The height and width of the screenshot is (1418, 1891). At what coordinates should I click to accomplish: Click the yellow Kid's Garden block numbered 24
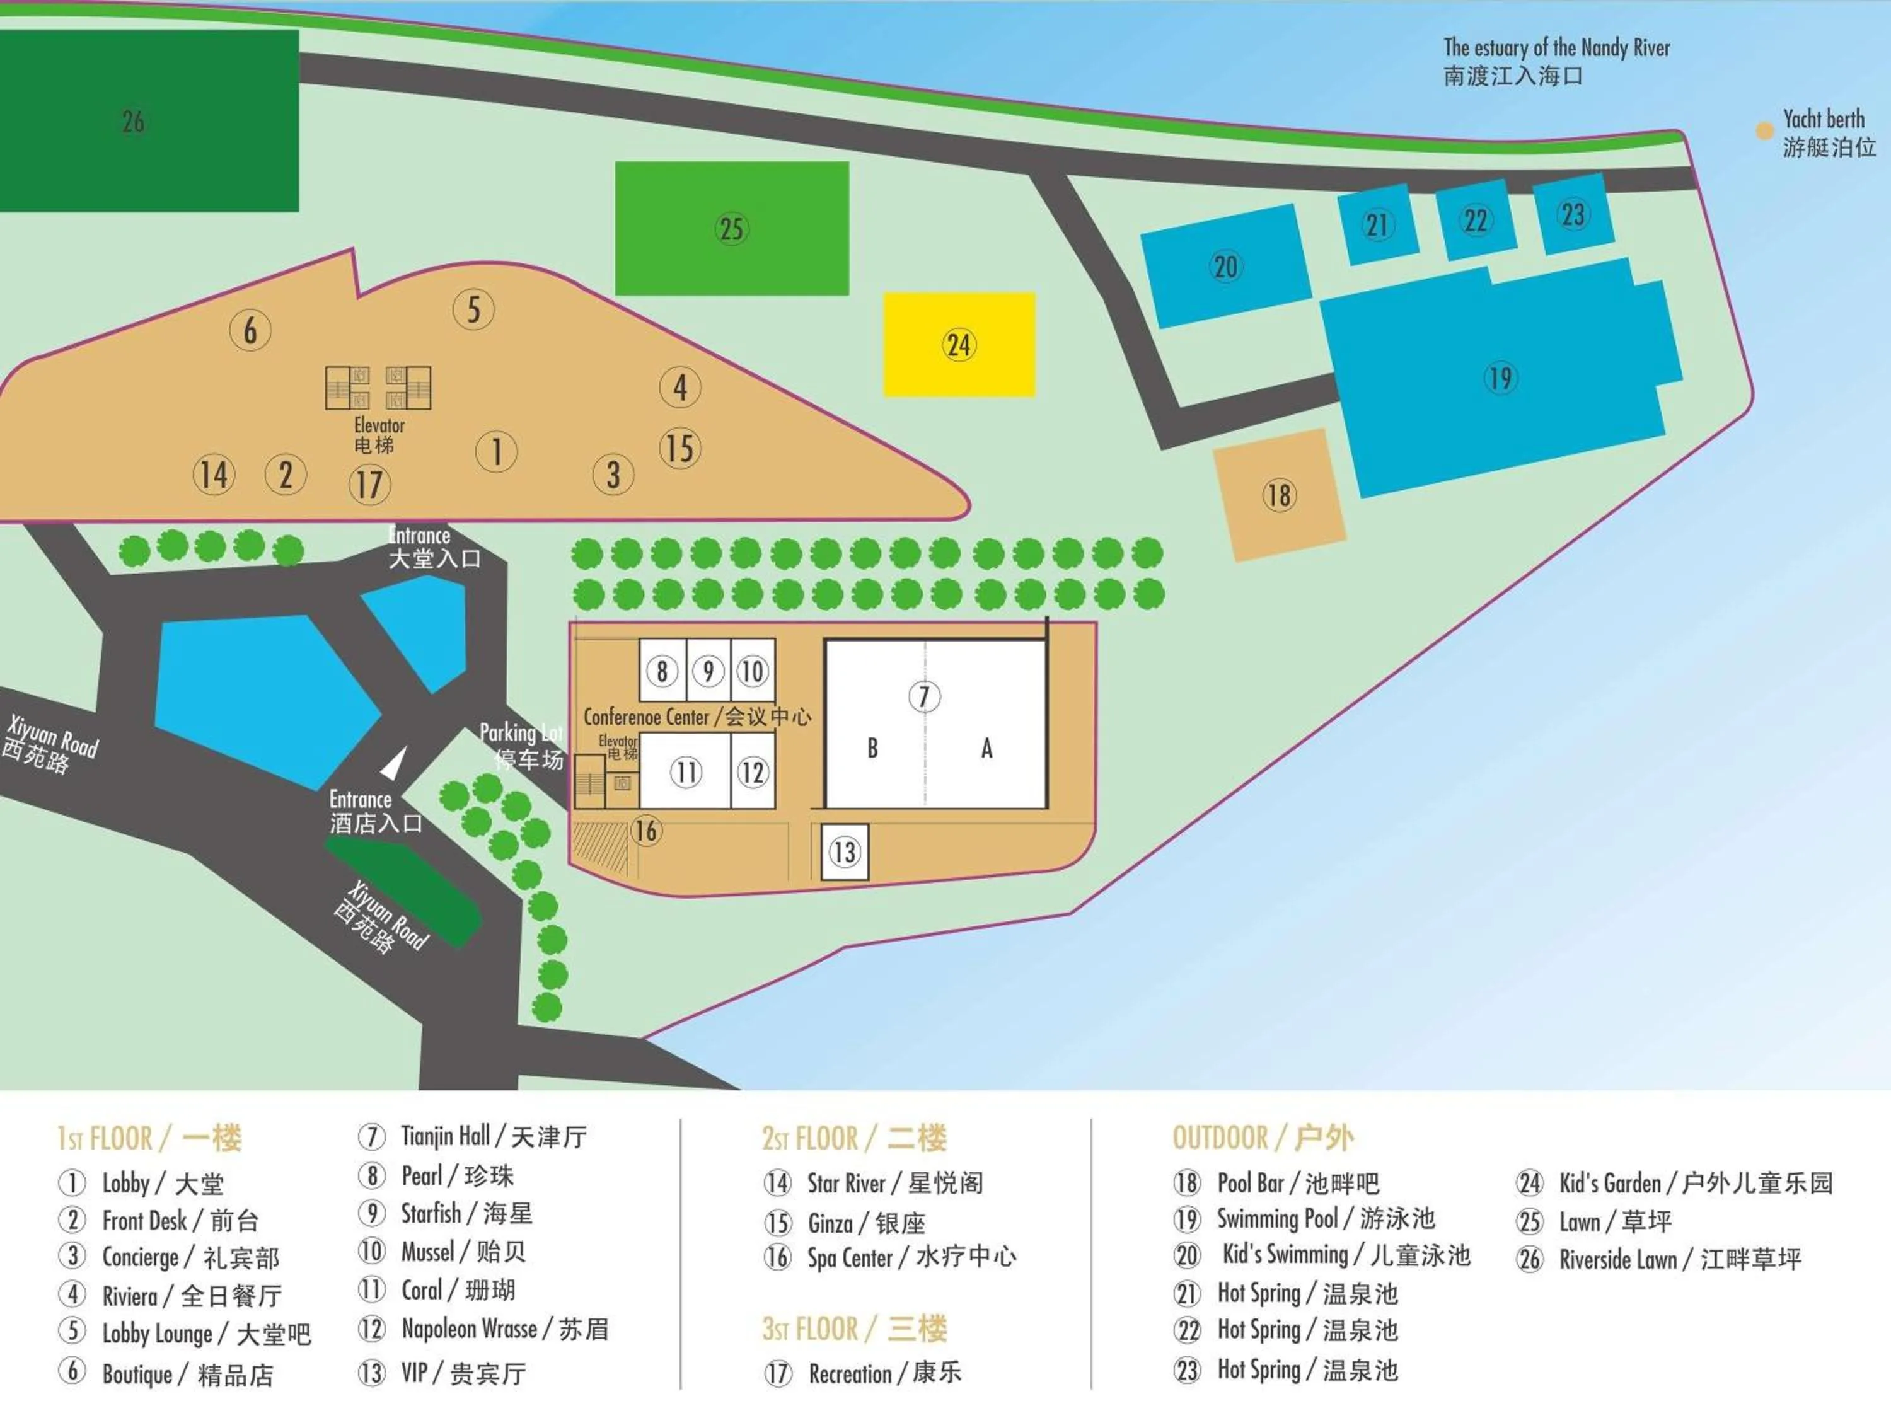[959, 345]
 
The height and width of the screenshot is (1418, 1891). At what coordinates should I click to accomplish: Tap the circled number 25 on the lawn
[732, 229]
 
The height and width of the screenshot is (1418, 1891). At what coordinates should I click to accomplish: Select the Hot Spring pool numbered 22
[1476, 221]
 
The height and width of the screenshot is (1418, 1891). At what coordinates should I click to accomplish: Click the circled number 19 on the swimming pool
[1500, 378]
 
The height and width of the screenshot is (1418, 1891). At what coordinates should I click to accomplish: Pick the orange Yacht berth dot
[1764, 131]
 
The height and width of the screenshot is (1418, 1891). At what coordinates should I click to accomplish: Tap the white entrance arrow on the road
[393, 763]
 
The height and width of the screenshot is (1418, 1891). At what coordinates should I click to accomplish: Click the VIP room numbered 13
[844, 852]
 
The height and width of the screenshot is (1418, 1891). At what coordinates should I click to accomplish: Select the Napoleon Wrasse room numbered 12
[752, 773]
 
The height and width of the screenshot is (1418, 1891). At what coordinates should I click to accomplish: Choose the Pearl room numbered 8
[662, 671]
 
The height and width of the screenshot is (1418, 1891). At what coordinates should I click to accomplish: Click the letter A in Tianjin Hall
[986, 749]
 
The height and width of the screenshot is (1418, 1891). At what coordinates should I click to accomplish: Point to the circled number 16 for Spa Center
[646, 830]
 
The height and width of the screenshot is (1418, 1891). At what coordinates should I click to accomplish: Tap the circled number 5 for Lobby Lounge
[473, 309]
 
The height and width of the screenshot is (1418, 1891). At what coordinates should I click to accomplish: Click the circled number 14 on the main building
[214, 475]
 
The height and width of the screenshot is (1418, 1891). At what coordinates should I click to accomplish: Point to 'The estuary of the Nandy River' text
[1556, 48]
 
